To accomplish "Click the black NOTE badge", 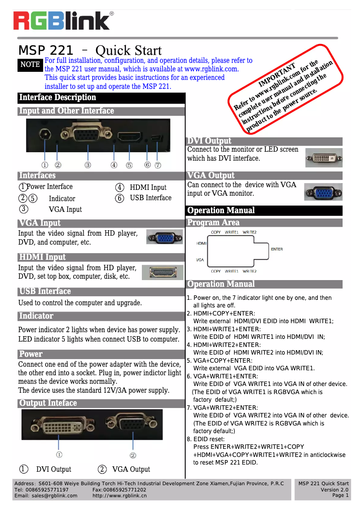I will point(30,65).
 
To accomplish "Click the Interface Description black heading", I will point(57,98).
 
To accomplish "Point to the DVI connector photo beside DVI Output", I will point(323,158).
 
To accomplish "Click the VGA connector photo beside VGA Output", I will point(323,192).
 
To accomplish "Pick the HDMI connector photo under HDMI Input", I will point(162,272).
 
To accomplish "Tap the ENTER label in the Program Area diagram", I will point(277,249).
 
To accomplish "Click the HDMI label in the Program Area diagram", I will point(201,243).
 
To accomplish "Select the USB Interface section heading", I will point(45,291).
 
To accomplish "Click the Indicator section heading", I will point(36,316).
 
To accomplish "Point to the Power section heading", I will point(31,354).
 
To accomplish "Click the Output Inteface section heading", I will point(48,403).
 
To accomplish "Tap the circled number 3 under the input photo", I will point(88,165).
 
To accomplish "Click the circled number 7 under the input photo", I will point(158,165).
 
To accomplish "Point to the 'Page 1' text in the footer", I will point(340,495).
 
